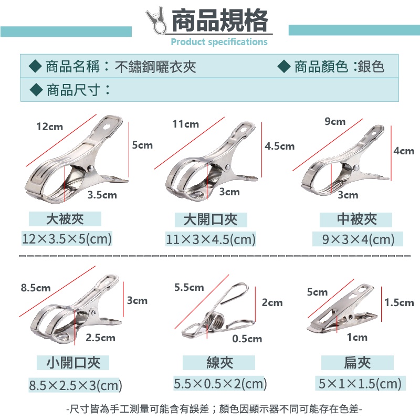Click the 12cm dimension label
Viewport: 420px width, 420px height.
pos(49,127)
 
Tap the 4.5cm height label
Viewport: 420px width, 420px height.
pos(279,146)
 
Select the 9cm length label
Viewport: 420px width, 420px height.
pos(335,121)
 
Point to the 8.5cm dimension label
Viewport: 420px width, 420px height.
pos(36,288)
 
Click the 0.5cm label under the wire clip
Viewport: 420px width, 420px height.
pos(247,339)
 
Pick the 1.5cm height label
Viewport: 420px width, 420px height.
pos(399,302)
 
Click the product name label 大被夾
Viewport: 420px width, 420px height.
pos(65,219)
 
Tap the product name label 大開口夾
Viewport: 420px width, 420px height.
pos(211,219)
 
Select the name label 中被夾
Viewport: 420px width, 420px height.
pos(357,219)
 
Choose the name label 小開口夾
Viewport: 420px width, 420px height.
pos(73,363)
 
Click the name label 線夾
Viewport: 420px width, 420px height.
pos(219,363)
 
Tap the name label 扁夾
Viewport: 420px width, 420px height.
pos(357,363)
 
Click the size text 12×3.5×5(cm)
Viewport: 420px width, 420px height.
pos(67,239)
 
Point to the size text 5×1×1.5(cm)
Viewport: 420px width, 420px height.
pos(360,383)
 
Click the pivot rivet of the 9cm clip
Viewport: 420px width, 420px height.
pos(356,168)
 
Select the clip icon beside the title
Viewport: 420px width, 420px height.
pos(156,20)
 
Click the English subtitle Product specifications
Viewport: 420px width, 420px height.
pos(219,42)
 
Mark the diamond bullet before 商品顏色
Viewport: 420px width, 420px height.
pos(284,67)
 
